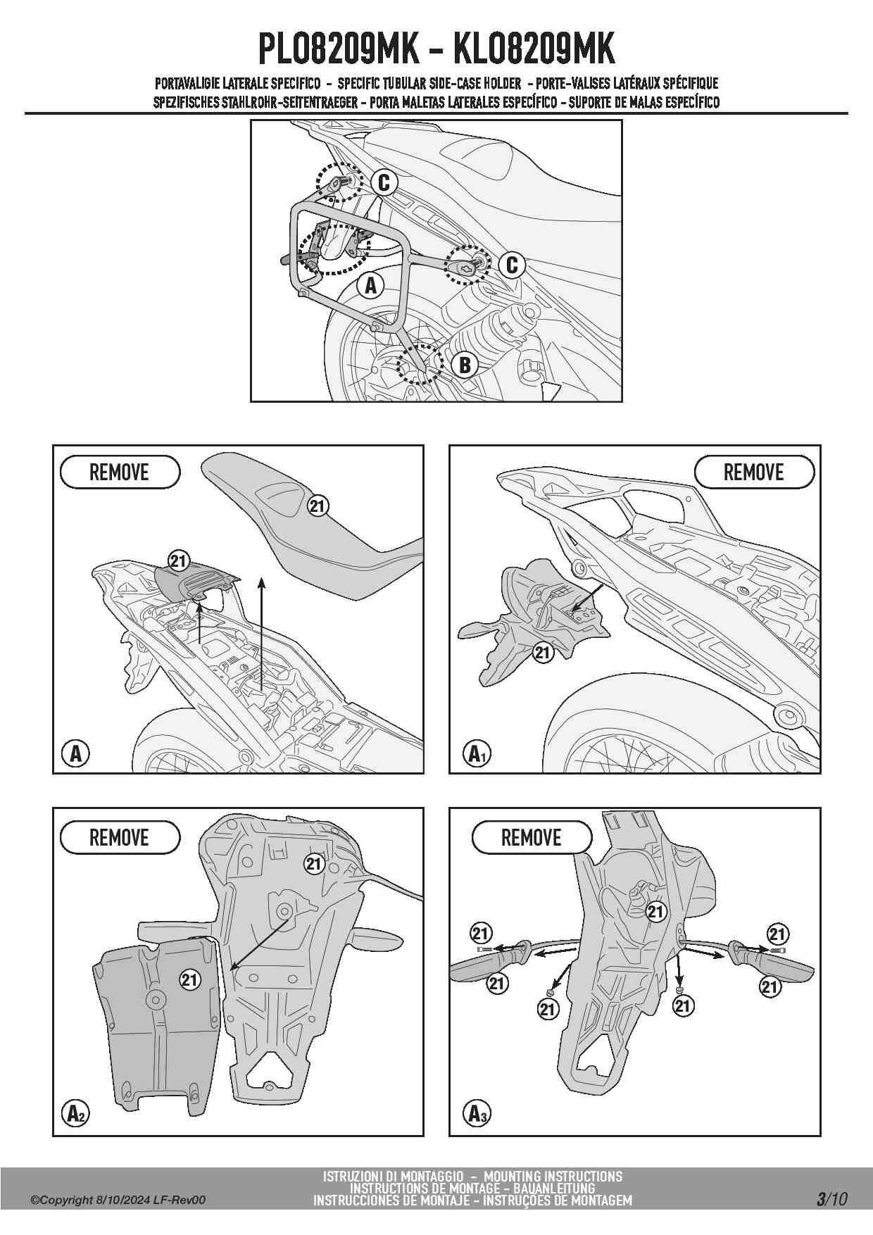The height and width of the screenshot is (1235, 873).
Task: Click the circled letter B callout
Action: pos(465,365)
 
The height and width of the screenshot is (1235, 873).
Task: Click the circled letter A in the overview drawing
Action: pos(370,286)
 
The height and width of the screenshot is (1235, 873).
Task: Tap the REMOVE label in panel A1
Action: pos(753,472)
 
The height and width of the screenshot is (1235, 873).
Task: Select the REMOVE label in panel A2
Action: pos(120,838)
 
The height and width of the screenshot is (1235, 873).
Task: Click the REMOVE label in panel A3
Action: pos(531,838)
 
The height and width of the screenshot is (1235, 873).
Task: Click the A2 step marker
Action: pos(76,1113)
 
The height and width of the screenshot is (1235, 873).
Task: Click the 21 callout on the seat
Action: pos(318,506)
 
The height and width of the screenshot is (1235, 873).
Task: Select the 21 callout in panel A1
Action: pos(542,653)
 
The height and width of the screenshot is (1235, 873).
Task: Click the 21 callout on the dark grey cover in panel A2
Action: pos(190,979)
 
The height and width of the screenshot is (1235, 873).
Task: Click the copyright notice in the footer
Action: pos(118,1200)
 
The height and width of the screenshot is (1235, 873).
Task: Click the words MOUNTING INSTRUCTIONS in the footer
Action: pos(553,1177)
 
